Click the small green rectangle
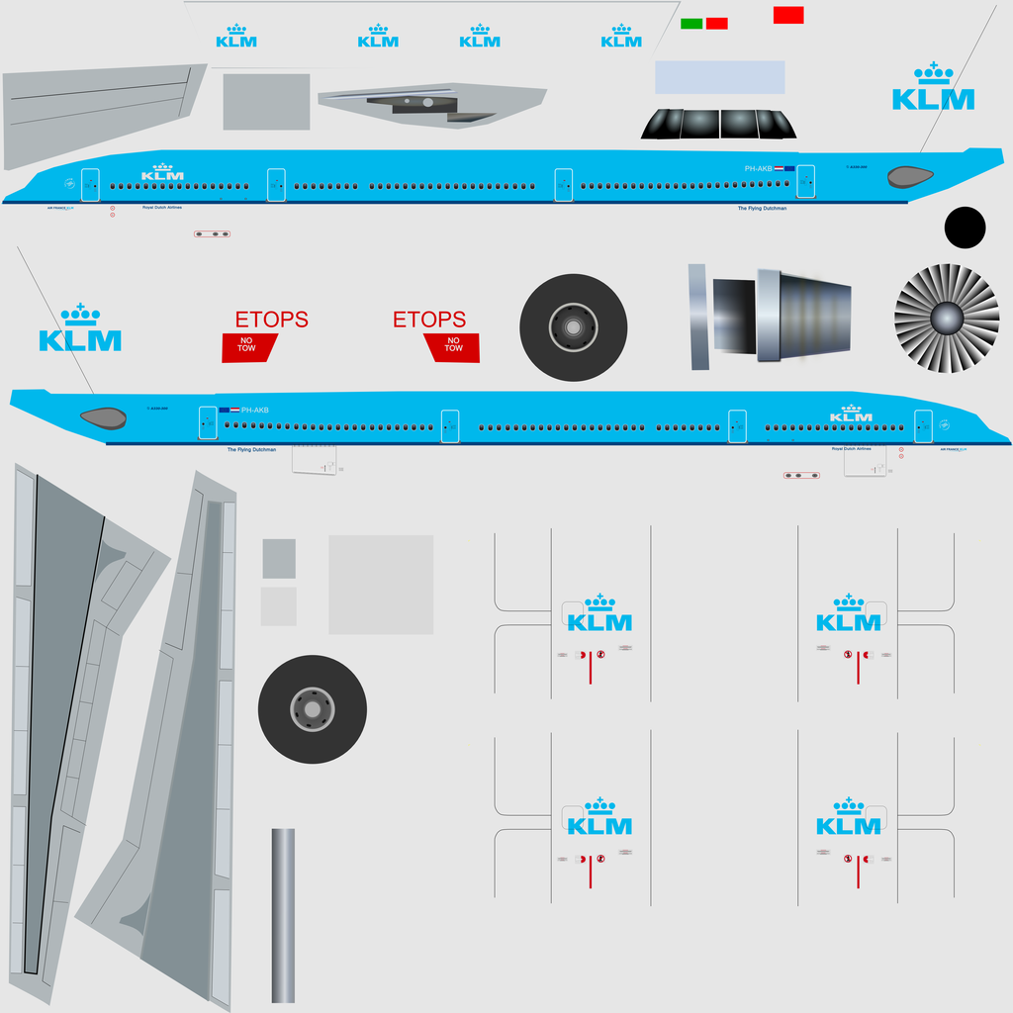click(x=691, y=23)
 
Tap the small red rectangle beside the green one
click(x=717, y=23)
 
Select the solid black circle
click(x=965, y=228)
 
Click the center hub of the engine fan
click(x=947, y=318)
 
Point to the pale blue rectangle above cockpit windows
click(x=720, y=77)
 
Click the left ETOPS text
click(x=271, y=320)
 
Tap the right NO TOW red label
click(x=453, y=346)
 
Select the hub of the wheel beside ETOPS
click(x=573, y=327)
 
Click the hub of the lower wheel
click(x=313, y=709)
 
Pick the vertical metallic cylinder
click(x=283, y=915)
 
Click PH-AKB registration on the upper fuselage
click(x=758, y=169)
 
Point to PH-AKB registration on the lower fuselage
click(x=254, y=410)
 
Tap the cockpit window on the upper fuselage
click(x=910, y=177)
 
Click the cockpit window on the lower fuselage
click(x=103, y=417)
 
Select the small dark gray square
click(x=279, y=558)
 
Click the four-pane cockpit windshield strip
click(x=718, y=124)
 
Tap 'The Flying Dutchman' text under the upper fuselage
click(x=762, y=209)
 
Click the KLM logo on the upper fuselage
click(x=162, y=173)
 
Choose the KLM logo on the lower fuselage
click(x=851, y=414)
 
